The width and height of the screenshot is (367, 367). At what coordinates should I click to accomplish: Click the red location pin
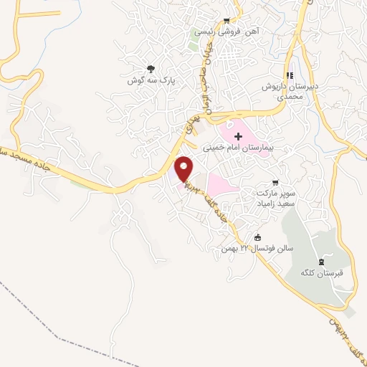(x=184, y=168)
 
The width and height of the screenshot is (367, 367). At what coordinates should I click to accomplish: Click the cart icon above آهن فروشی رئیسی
(x=227, y=20)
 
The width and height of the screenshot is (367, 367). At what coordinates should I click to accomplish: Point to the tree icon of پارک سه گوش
(x=150, y=69)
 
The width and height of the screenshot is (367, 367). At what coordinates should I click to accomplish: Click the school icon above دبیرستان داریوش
(x=290, y=75)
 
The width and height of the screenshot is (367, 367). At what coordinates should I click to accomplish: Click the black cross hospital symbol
(x=238, y=135)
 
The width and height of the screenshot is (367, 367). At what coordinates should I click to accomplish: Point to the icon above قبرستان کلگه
(x=322, y=261)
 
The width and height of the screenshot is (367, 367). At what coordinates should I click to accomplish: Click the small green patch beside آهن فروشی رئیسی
(x=194, y=41)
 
